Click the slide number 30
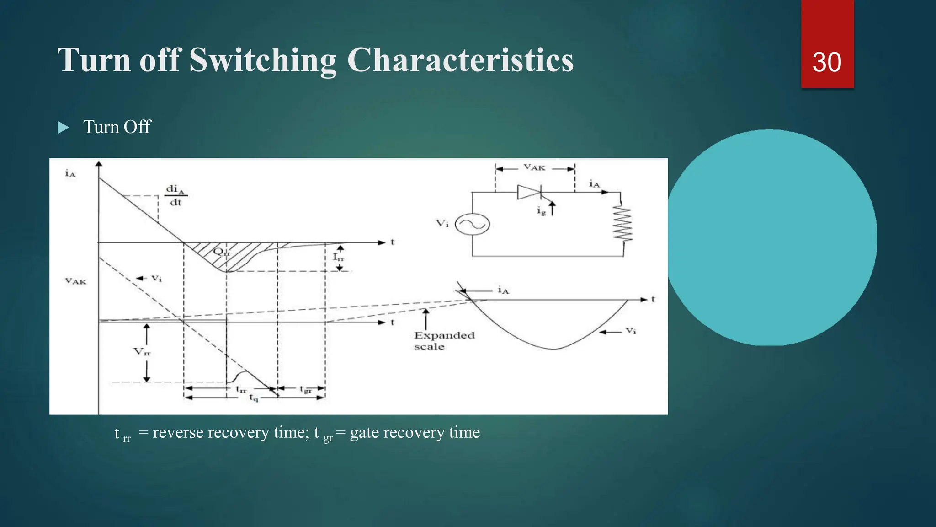(x=826, y=62)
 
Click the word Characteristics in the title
(x=460, y=60)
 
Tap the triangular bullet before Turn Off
(x=64, y=128)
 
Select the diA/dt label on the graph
(x=175, y=195)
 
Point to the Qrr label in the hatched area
(x=222, y=252)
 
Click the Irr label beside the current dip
(x=338, y=257)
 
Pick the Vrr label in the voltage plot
(x=142, y=352)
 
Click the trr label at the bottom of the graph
(x=241, y=389)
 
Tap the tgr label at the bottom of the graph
(x=305, y=389)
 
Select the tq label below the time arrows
(x=253, y=398)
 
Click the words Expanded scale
(x=444, y=341)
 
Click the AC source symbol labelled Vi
(x=473, y=224)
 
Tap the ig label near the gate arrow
(x=541, y=211)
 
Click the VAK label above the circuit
(x=534, y=168)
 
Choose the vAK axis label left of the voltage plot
(x=75, y=281)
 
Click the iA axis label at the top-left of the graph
(x=70, y=173)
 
